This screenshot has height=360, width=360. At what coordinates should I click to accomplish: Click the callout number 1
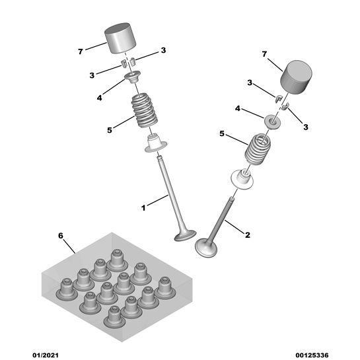[x=143, y=208]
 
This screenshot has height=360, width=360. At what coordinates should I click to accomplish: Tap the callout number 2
[x=248, y=235]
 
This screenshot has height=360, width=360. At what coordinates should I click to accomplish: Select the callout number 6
[x=61, y=236]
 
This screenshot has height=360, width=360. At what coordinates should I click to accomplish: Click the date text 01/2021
[x=46, y=355]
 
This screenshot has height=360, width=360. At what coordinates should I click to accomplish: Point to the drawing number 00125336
[x=312, y=355]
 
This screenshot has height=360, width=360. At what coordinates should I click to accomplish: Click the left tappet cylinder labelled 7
[x=120, y=38]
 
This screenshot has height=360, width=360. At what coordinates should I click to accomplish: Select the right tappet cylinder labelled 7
[x=296, y=77]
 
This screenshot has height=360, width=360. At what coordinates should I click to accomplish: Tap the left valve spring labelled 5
[x=145, y=110]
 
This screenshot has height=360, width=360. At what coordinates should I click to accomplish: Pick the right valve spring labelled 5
[x=258, y=149]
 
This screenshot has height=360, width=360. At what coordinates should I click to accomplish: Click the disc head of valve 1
[x=185, y=236]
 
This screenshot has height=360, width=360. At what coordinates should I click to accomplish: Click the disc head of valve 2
[x=206, y=248]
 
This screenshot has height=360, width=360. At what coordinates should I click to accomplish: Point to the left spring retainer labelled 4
[x=132, y=77]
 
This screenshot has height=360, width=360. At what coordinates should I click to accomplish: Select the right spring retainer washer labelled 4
[x=272, y=122]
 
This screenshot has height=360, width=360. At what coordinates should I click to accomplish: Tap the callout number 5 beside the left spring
[x=110, y=130]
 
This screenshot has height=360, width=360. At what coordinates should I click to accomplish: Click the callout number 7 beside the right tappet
[x=264, y=54]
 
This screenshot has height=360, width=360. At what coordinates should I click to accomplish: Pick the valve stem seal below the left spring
[x=155, y=143]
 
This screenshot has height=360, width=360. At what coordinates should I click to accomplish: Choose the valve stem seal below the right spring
[x=242, y=180]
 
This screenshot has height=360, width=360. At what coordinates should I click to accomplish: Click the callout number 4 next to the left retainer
[x=99, y=98]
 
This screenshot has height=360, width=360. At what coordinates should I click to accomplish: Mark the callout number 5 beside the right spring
[x=222, y=133]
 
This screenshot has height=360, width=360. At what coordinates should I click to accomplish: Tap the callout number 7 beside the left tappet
[x=80, y=52]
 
